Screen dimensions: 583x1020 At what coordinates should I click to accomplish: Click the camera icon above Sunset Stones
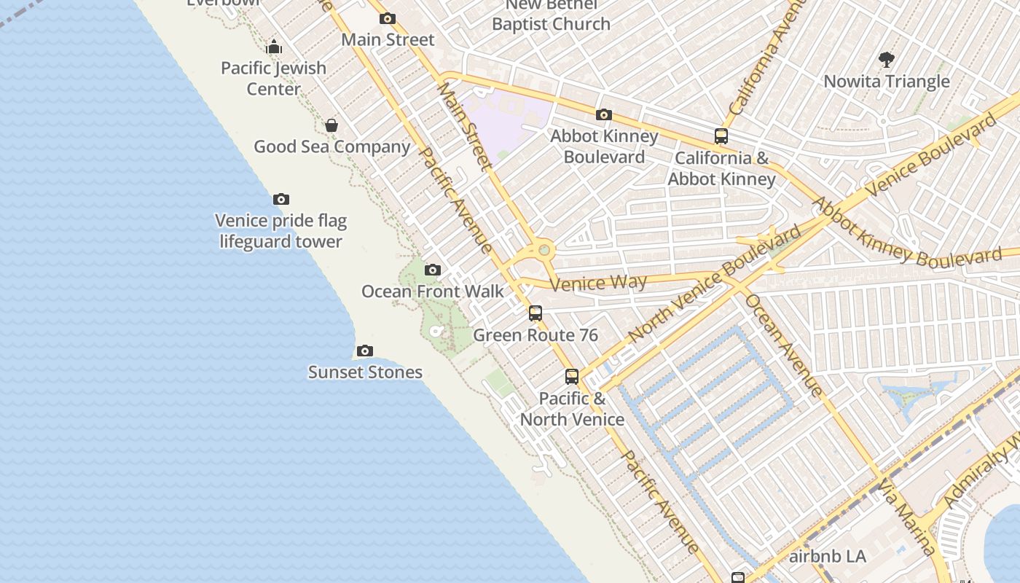[x=365, y=351]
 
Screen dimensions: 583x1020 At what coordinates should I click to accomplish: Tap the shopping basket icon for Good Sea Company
[x=331, y=125]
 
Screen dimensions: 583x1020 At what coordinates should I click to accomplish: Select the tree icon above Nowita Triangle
[x=887, y=60]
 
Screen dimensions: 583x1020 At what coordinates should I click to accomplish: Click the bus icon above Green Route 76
[x=535, y=313]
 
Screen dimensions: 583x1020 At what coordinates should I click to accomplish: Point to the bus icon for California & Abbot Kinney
[x=721, y=136]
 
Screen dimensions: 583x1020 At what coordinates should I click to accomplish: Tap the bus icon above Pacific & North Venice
[x=572, y=377]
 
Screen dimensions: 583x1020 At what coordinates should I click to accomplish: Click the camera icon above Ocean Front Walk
[x=433, y=270]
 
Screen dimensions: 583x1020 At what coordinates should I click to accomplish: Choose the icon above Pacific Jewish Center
[x=274, y=47]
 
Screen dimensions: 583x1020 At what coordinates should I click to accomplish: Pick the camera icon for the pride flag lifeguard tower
[x=281, y=200]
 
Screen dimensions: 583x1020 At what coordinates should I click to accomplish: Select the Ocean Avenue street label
[x=784, y=345]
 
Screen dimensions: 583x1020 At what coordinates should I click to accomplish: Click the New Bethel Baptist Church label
[x=551, y=15]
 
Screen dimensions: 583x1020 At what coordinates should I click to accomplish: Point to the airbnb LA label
[x=828, y=557]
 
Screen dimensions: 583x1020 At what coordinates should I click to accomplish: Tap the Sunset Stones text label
[x=365, y=372]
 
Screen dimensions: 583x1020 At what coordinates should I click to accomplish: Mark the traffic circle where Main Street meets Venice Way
[x=544, y=250]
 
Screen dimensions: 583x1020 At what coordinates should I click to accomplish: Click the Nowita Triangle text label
[x=887, y=82]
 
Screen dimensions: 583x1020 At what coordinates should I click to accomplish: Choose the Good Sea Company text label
[x=331, y=146]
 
